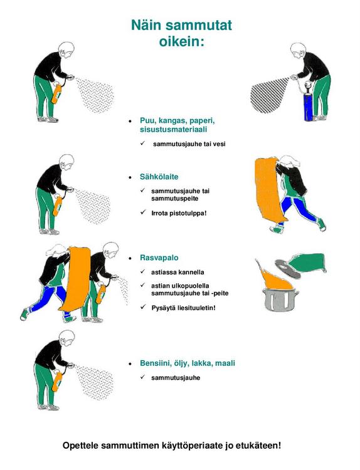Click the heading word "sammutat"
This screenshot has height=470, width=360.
click(x=199, y=25)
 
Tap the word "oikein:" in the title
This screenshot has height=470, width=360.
click(x=181, y=41)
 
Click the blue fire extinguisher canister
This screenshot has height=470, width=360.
click(x=309, y=107)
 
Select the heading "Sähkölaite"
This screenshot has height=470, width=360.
click(x=159, y=177)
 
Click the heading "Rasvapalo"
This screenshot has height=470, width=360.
click(x=159, y=258)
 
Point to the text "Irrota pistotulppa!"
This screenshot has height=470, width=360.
click(x=179, y=214)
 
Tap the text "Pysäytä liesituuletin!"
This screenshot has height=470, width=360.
click(x=184, y=308)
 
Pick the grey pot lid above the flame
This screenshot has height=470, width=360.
click(x=287, y=269)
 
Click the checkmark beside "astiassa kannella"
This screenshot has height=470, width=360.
click(x=143, y=271)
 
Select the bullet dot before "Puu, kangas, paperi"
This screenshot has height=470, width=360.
click(x=130, y=122)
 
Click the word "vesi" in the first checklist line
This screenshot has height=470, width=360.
click(x=220, y=144)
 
